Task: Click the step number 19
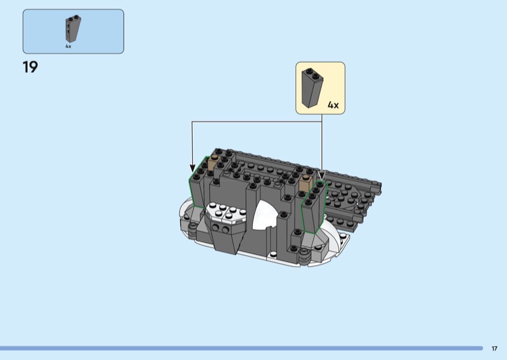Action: tap(30, 67)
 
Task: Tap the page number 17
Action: tap(494, 349)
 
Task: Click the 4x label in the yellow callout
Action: tap(333, 105)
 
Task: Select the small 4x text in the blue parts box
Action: tap(68, 46)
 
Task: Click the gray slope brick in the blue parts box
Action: tap(73, 29)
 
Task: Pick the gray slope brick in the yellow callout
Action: tap(312, 88)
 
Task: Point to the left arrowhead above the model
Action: tap(193, 168)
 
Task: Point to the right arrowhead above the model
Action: tap(322, 176)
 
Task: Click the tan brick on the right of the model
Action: tap(306, 183)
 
